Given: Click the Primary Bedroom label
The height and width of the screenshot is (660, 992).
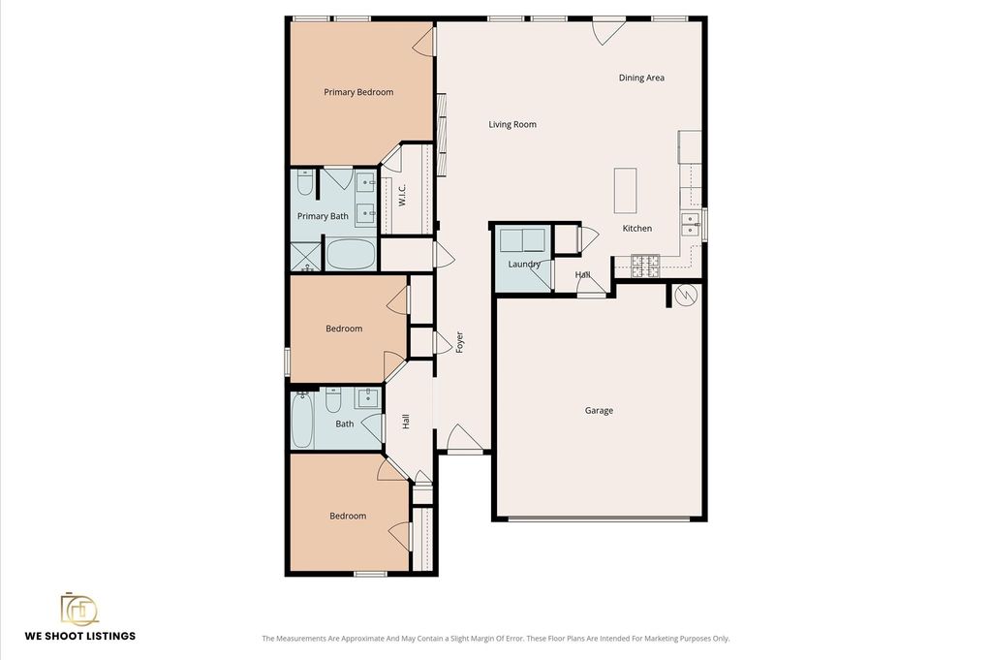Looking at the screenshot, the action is pos(358,92).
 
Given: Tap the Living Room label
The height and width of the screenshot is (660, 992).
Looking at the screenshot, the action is pos(512,125).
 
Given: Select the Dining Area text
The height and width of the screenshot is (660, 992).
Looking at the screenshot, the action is pos(641,78).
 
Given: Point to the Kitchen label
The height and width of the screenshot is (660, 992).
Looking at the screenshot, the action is pos(637,229).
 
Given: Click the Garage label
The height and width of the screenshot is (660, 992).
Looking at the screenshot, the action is pos(599,411).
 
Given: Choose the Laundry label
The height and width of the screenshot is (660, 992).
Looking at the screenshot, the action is pos(524,264).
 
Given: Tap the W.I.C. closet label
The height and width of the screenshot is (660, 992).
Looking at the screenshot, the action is pos(402,195).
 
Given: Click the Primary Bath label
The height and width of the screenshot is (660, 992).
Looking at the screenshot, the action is pos(323,216).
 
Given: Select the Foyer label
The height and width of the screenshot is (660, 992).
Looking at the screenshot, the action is pos(460,342).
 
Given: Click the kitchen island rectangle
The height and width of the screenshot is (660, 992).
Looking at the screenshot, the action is pos(625,191).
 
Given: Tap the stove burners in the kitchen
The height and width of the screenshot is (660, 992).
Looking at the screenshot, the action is pos(645,266).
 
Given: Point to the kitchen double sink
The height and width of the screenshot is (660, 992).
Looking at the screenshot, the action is pos(690,224).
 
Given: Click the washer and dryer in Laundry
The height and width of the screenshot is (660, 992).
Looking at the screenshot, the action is pos(522,240).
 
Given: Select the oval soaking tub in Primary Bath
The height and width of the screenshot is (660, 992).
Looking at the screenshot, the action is pos(351,254).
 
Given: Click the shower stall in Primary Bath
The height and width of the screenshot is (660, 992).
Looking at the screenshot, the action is pos(306,258).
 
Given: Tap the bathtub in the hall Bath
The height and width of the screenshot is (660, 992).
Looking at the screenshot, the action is pos(302,420).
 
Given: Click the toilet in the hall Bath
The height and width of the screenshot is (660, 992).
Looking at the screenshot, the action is pos(333,400).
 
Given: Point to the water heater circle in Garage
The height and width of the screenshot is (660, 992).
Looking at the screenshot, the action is pos(686,296).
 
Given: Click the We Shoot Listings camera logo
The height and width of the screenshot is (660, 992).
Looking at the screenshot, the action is pos(79,609).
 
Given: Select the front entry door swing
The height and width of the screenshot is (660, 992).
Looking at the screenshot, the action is pos(464,437).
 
